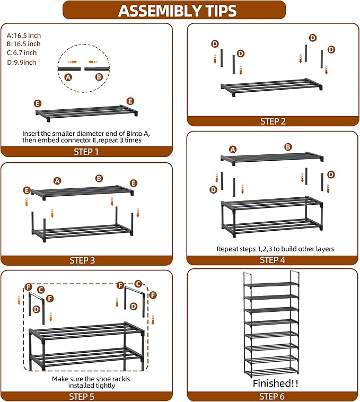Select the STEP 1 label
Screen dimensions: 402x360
pos(86,152)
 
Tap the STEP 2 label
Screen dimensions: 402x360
pos(273,121)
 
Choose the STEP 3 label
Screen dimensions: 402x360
pos(86,260)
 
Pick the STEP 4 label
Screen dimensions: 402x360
pos(273,260)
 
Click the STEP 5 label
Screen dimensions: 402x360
pos(86,396)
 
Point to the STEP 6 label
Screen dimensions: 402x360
pos(273,396)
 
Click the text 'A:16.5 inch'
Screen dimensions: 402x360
pos(24,34)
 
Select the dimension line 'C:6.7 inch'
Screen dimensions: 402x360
pos(22,53)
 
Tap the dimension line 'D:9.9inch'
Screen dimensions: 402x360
pos(22,62)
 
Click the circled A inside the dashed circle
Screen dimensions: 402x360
pos(68,77)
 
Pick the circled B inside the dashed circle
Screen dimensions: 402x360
pos(99,77)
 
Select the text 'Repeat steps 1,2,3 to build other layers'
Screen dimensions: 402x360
pos(275,248)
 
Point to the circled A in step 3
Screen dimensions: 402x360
pos(57,180)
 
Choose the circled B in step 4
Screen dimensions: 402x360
pos(288,147)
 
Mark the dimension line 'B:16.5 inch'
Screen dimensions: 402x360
pos(24,43)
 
